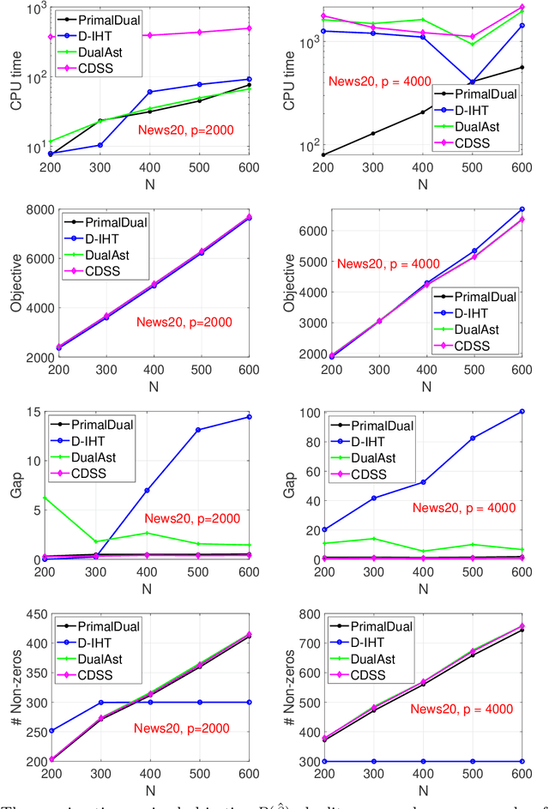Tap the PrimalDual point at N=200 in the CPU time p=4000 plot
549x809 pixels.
point(324,154)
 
